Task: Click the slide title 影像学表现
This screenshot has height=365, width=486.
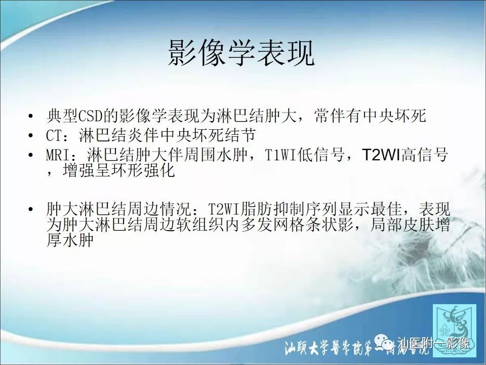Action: pyautogui.click(x=241, y=53)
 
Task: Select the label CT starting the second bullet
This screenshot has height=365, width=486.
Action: pyautogui.click(x=54, y=136)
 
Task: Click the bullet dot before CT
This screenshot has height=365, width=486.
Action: pyautogui.click(x=33, y=136)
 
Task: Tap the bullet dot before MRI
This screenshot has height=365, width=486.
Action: pyautogui.click(x=33, y=155)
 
